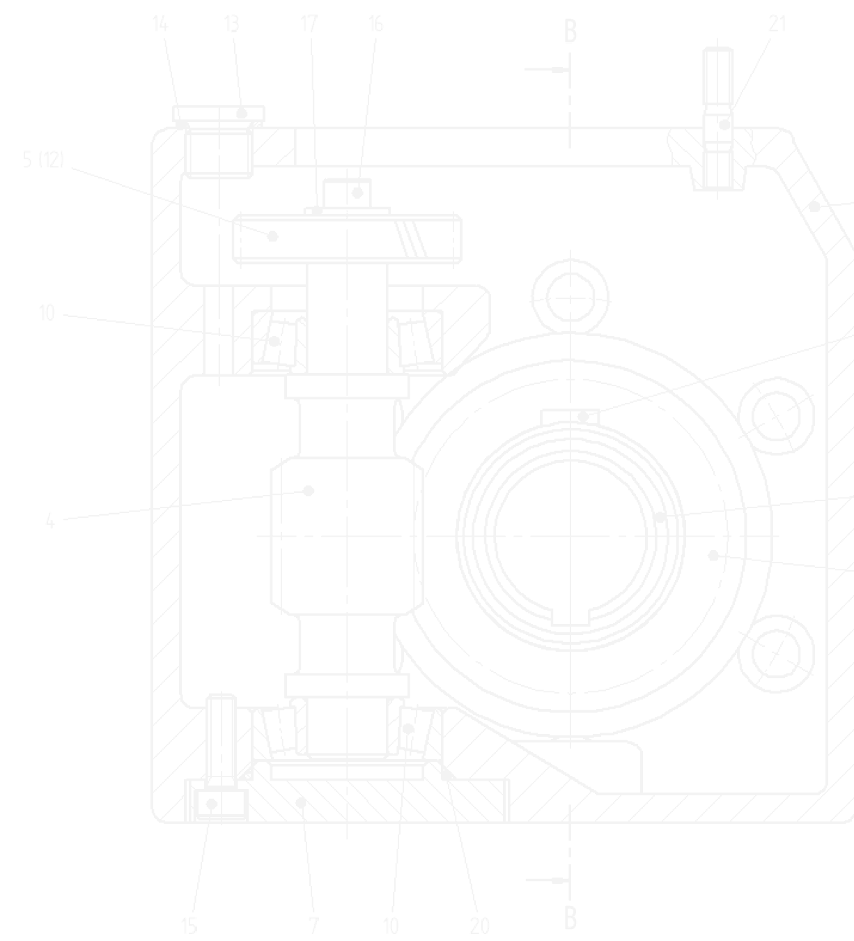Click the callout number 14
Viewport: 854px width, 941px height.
[160, 24]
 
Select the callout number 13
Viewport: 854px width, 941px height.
[232, 24]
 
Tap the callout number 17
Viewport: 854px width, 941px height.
[309, 24]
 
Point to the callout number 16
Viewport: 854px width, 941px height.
[375, 24]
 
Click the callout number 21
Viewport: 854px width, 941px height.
[777, 24]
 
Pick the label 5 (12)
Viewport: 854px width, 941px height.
[43, 160]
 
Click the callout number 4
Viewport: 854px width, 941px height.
[50, 521]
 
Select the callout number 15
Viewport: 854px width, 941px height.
[189, 926]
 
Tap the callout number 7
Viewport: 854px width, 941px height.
[313, 926]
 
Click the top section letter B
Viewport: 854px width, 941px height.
[570, 32]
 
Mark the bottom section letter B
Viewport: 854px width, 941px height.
[570, 918]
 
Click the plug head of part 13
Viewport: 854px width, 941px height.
[219, 113]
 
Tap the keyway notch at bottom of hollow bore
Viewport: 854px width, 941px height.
[570, 616]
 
